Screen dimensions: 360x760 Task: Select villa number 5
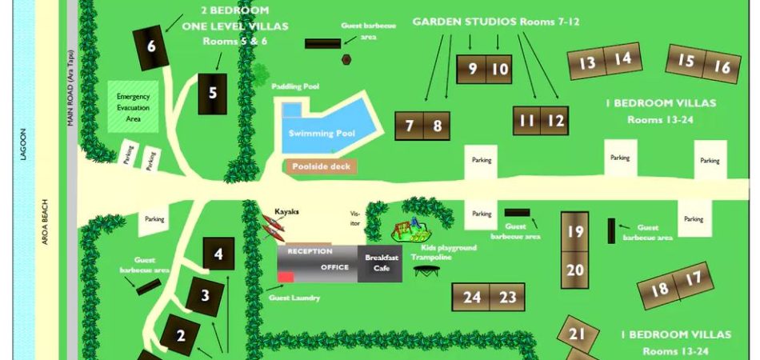(x=213, y=93)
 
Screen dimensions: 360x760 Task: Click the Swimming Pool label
(x=322, y=134)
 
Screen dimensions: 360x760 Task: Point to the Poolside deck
(x=321, y=166)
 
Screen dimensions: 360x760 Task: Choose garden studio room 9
(x=472, y=70)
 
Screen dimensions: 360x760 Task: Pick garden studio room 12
(x=555, y=122)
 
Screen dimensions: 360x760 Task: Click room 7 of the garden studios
(x=410, y=126)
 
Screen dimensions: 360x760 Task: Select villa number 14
(x=623, y=58)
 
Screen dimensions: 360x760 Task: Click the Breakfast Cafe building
(x=382, y=263)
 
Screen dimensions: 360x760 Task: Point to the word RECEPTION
(x=310, y=251)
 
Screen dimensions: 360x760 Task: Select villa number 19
(x=575, y=231)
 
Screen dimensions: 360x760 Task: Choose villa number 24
(x=472, y=298)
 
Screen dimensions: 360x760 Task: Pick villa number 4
(x=218, y=255)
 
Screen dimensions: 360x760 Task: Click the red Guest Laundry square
(x=286, y=277)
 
